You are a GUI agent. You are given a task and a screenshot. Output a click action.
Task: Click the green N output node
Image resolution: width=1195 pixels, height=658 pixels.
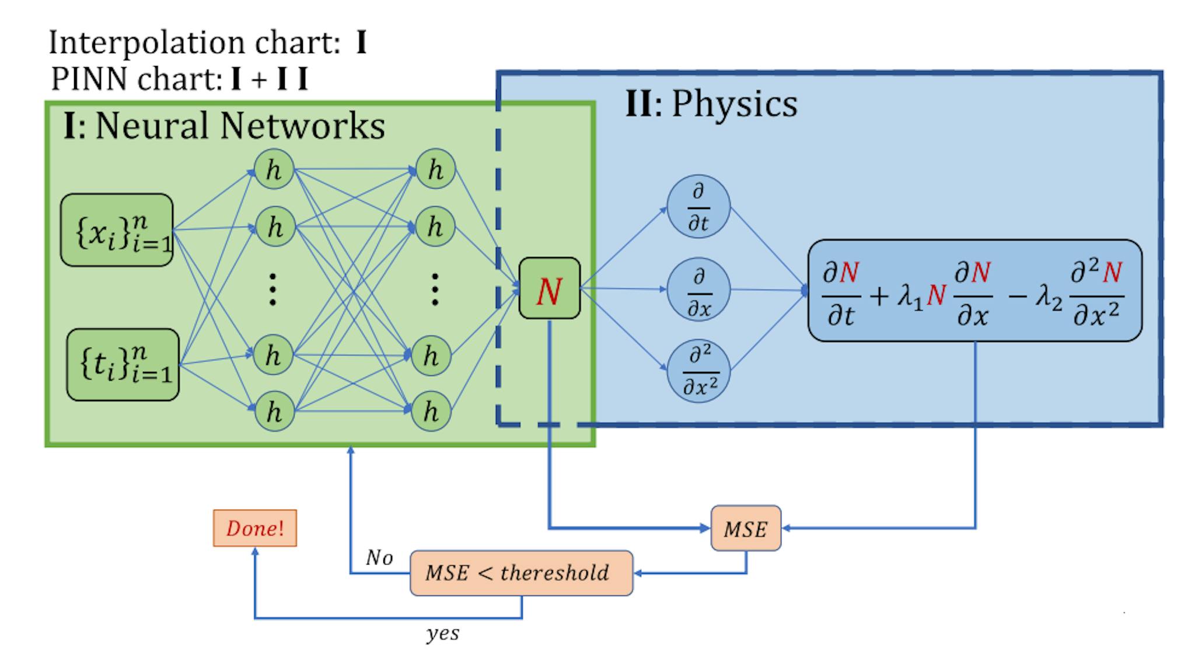549,288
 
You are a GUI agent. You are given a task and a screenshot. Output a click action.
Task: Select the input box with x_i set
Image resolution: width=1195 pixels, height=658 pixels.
117,230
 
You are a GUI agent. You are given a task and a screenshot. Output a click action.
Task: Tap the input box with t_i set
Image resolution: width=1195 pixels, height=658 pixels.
123,365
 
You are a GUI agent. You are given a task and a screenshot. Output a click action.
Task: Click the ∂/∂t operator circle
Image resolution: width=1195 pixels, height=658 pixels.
698,207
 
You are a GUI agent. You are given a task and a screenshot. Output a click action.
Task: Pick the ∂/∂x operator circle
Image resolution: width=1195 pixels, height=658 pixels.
698,290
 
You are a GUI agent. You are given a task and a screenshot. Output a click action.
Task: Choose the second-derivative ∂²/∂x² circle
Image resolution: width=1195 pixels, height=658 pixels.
698,371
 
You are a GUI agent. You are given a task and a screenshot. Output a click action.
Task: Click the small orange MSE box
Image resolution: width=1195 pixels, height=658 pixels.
745,528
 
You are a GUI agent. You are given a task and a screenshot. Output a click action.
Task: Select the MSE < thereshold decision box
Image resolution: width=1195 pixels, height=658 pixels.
520,573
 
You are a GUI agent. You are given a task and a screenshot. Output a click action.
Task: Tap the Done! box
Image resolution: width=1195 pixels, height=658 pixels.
255,528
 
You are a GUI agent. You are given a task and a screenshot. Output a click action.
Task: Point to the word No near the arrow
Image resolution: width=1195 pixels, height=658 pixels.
379,558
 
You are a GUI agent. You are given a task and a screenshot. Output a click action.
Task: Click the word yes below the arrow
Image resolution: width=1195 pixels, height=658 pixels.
443,633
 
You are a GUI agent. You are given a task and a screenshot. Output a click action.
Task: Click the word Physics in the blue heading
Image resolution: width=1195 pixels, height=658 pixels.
734,105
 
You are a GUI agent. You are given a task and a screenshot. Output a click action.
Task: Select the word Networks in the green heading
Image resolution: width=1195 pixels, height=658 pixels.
302,126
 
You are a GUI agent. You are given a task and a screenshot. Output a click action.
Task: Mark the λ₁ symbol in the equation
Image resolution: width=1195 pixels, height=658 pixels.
910,296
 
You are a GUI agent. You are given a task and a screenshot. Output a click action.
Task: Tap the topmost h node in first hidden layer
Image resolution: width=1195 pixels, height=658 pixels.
273,170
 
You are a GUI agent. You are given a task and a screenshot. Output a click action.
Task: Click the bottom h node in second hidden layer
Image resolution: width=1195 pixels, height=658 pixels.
431,412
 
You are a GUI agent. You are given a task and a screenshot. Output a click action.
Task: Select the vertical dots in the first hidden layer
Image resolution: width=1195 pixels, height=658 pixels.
272,290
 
